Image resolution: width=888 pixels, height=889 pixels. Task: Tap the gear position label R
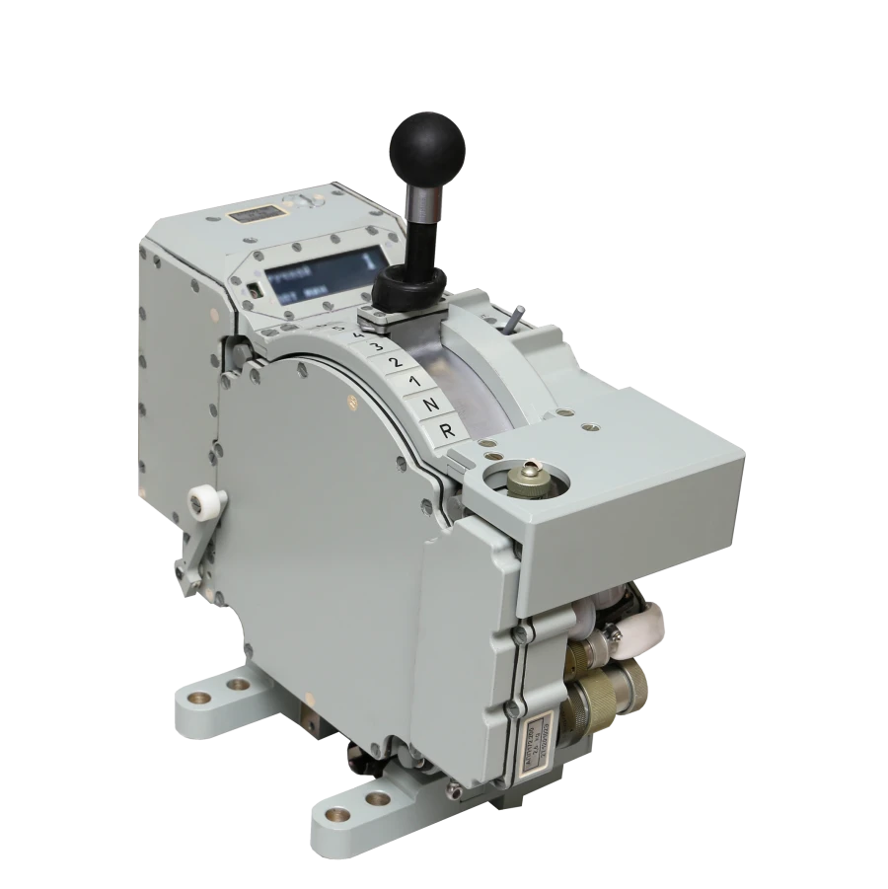[446, 430]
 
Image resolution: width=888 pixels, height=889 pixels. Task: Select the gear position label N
[430, 406]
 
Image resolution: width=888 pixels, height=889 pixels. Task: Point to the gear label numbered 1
[414, 382]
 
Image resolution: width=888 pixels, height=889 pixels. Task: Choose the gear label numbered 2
[396, 363]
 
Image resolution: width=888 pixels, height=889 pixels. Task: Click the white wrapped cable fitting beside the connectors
[636, 631]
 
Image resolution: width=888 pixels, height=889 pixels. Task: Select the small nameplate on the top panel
[254, 214]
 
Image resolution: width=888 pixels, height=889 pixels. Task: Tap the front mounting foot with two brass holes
[365, 804]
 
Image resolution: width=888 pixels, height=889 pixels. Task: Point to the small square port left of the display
[254, 290]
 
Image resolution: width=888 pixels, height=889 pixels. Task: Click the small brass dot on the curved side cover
[351, 401]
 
